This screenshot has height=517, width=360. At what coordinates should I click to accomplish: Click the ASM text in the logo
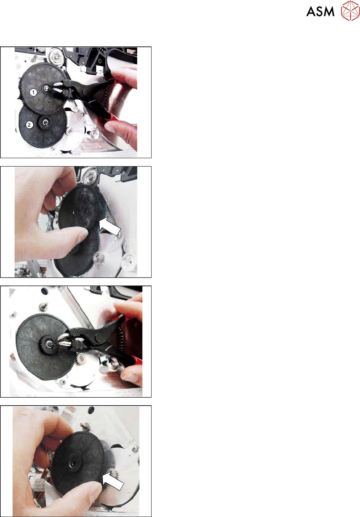tap(320, 12)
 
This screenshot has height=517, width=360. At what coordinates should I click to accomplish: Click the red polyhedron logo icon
tap(350, 11)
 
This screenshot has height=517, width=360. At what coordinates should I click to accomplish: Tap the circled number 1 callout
tap(33, 93)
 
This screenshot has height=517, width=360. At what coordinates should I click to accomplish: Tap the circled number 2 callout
tap(29, 125)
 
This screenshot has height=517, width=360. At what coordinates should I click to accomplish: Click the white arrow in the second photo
tap(109, 226)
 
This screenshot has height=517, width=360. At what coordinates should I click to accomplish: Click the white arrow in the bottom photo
tap(112, 480)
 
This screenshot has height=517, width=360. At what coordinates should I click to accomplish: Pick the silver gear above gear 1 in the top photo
tap(56, 56)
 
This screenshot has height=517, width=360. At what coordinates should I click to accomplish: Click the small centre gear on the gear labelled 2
tap(45, 122)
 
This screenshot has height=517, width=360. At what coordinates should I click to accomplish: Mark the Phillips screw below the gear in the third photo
tap(62, 382)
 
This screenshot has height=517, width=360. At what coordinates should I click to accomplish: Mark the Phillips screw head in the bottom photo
tap(135, 449)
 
